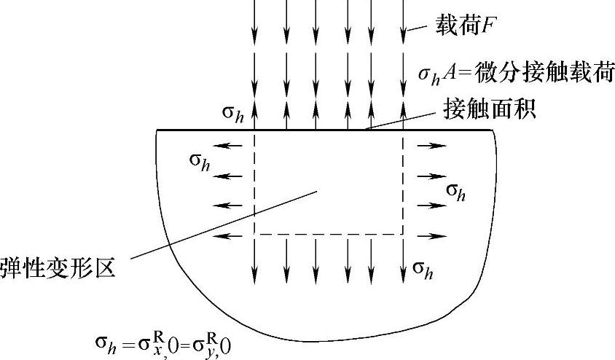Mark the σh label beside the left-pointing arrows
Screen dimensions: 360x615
point(201,160)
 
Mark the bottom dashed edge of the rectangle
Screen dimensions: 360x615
point(328,235)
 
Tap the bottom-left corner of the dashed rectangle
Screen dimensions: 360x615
point(254,235)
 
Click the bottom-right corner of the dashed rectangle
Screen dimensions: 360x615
point(403,235)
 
